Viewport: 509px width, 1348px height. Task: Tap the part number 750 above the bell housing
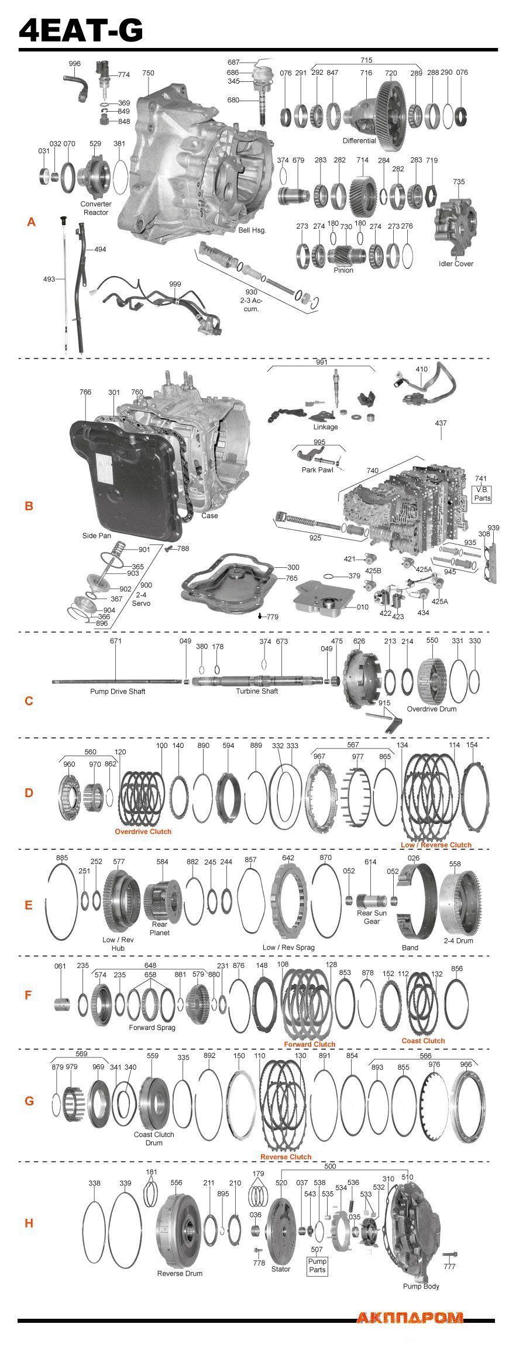(x=148, y=73)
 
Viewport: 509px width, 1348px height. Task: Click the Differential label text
(x=359, y=141)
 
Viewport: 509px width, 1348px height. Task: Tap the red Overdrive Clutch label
(x=143, y=831)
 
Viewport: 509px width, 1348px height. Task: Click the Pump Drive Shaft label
(x=118, y=691)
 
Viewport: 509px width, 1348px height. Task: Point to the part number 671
(x=115, y=641)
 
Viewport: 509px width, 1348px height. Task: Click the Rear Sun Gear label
(x=372, y=916)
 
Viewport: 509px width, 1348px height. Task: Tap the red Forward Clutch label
(x=309, y=1044)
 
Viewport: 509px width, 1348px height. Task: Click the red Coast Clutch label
(x=423, y=1040)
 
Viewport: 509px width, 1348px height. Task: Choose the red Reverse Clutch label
(x=286, y=1156)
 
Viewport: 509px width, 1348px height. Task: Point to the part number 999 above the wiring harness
(x=174, y=284)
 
